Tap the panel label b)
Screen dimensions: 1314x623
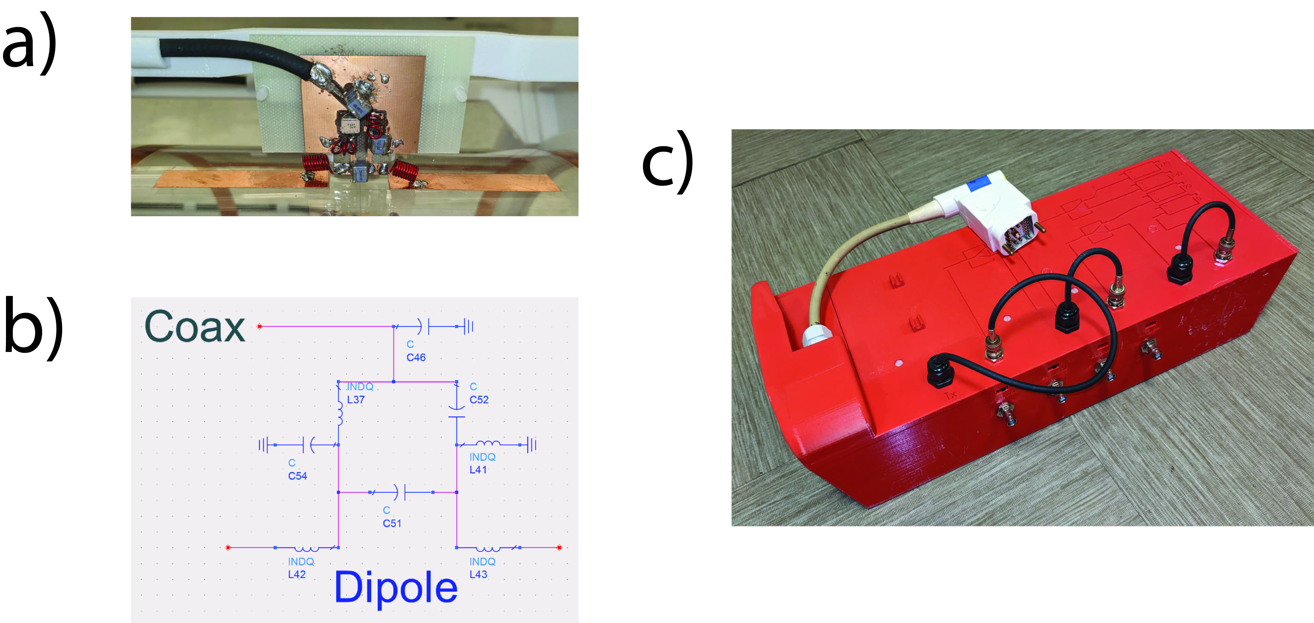(x=33, y=327)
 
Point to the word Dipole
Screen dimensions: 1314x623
(x=396, y=587)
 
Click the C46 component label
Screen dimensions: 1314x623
(x=416, y=357)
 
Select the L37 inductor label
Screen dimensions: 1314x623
(x=356, y=400)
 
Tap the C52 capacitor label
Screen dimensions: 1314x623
(x=479, y=400)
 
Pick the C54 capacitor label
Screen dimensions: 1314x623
(x=297, y=476)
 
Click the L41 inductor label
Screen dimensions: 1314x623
(x=478, y=470)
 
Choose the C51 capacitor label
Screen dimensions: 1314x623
(x=392, y=523)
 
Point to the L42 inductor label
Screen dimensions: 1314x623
(x=297, y=575)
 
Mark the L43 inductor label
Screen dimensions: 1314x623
(x=478, y=575)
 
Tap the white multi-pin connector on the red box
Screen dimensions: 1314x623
(x=995, y=215)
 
